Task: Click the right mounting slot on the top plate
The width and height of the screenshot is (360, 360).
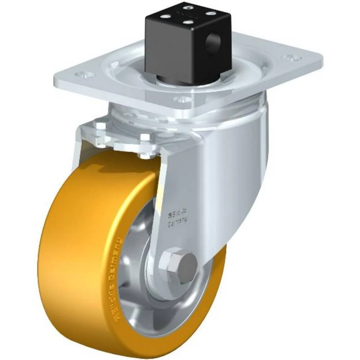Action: (x=292, y=57)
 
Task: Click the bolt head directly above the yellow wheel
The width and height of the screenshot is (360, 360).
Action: (x=144, y=155)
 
